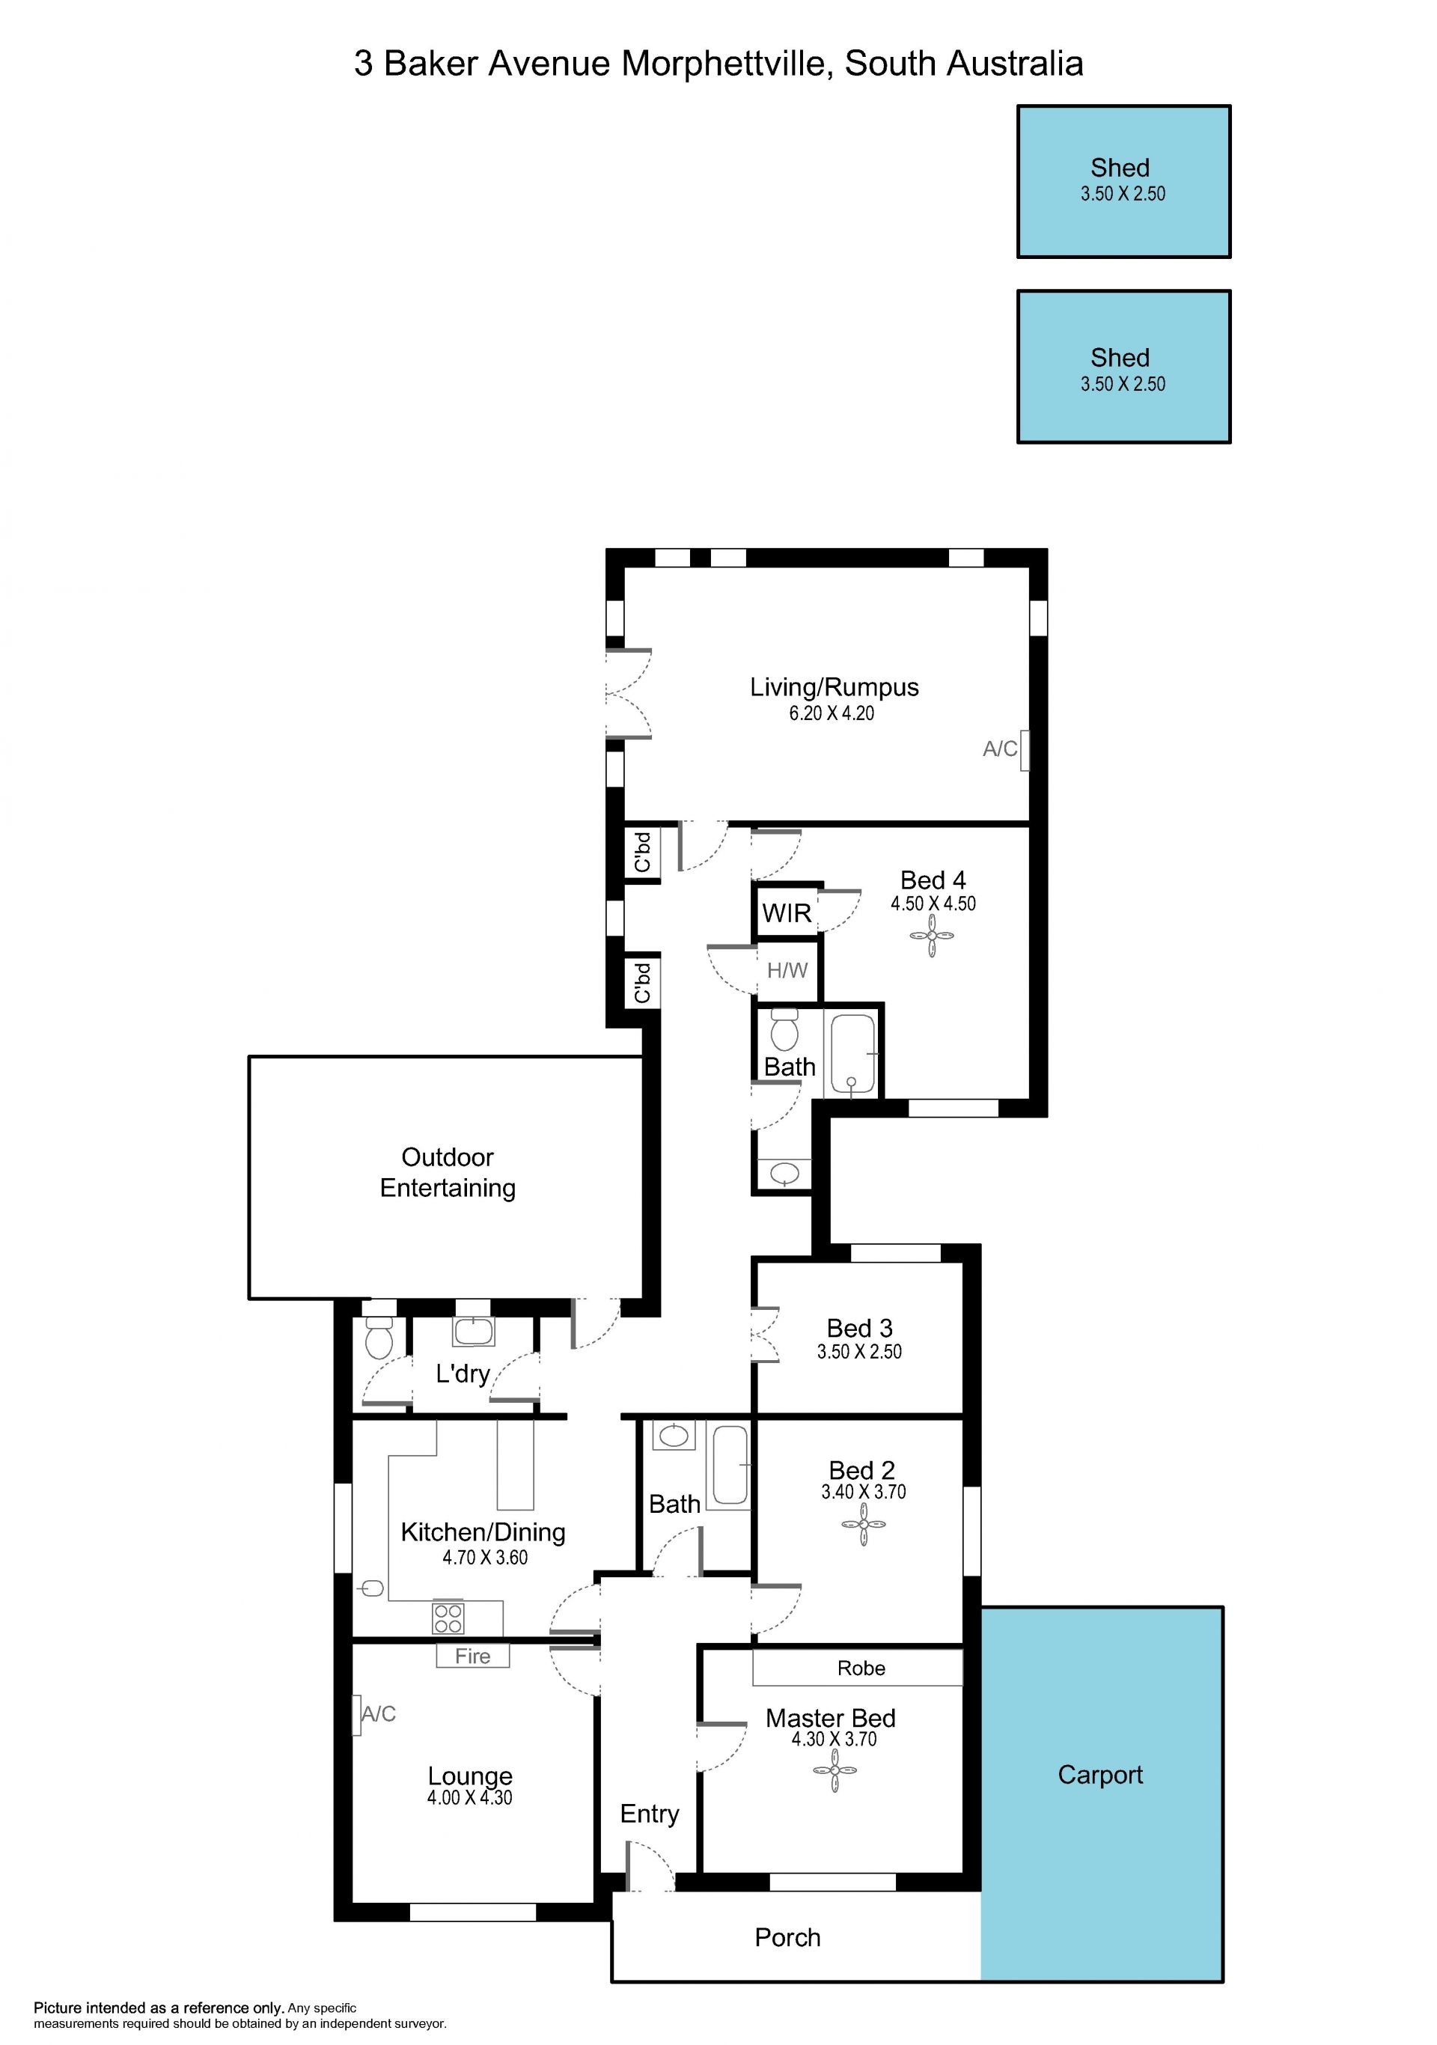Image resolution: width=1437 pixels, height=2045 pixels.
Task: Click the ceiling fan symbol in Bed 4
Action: coord(933,936)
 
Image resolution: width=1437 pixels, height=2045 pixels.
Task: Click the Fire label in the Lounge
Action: coord(473,1656)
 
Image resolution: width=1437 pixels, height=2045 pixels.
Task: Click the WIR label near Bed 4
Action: coord(787,913)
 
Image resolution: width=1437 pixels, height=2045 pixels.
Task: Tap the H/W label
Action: coord(787,970)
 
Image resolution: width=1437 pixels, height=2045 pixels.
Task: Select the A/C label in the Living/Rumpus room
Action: coord(1000,749)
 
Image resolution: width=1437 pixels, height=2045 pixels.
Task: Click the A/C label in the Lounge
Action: coord(379,1713)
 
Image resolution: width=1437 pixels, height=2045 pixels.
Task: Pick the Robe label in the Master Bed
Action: coord(861,1668)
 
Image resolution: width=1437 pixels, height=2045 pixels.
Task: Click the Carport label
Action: coord(1100,1774)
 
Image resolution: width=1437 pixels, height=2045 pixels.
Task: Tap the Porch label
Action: coord(787,1937)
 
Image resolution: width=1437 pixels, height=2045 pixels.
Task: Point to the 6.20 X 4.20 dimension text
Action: coord(832,713)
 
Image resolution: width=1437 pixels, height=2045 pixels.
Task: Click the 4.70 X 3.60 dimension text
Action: coord(485,1557)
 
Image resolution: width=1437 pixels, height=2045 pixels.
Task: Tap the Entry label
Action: coord(649,1814)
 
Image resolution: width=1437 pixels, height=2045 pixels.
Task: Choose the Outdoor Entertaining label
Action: coord(448,1172)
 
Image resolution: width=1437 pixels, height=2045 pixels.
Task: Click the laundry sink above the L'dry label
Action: coord(474,1331)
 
